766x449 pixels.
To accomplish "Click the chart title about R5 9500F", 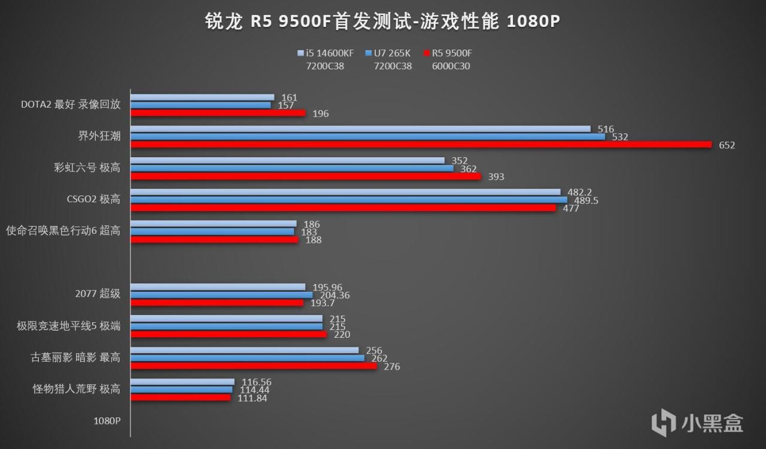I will point(382,22).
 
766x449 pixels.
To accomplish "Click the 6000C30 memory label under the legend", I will point(451,66).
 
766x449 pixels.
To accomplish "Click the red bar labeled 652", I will point(421,145).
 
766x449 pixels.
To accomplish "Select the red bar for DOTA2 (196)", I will point(218,113).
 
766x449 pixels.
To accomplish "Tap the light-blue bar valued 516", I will point(360,129).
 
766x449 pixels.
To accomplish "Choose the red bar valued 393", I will point(305,176).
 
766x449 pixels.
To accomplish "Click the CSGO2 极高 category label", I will point(93,199).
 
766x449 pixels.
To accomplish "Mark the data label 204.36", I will point(336,295).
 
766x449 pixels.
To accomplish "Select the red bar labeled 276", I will point(254,366).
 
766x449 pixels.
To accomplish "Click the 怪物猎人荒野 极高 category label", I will point(77,389).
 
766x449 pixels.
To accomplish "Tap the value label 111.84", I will point(252,398).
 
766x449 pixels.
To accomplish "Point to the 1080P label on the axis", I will point(107,420).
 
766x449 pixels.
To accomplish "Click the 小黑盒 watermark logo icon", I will point(663,422).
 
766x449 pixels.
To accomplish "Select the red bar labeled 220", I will point(229,334).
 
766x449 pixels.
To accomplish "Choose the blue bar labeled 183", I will point(212,231).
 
